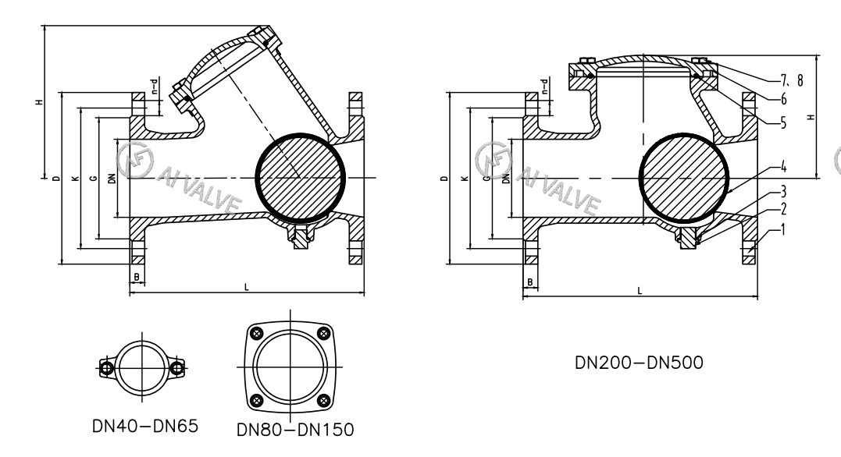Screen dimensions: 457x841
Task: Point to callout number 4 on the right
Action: (782, 166)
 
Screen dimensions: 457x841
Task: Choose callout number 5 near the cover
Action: (782, 122)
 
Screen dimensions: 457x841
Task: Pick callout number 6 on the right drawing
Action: (782, 100)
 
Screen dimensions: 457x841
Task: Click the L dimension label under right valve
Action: (640, 290)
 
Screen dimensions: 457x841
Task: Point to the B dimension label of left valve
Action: (137, 277)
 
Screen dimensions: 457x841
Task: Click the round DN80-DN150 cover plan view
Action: (289, 367)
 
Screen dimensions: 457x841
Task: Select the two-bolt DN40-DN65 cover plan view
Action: (143, 367)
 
